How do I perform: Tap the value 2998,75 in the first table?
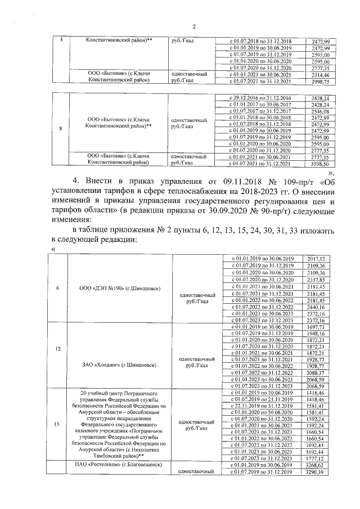click(318, 82)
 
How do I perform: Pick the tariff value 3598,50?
click(318, 164)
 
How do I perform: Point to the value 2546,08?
click(318, 112)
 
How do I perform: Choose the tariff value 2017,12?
click(318, 258)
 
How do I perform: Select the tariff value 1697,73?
click(318, 327)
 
